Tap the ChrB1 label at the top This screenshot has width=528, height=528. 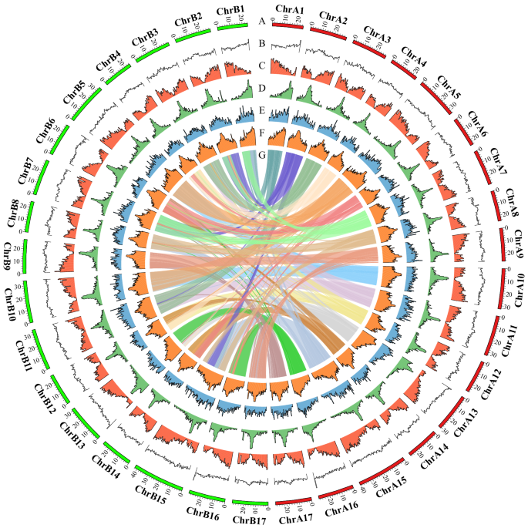(x=231, y=10)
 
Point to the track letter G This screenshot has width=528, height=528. (x=263, y=156)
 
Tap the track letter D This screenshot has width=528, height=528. (x=263, y=89)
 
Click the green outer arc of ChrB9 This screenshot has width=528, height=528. (x=25, y=254)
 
